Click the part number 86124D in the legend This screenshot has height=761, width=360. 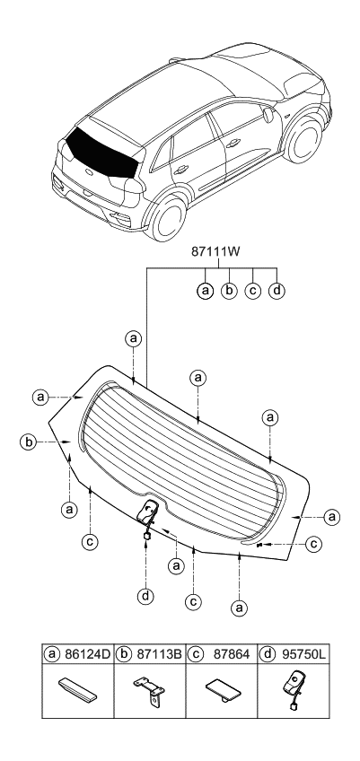[x=87, y=654]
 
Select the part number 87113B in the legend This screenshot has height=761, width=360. [x=159, y=654]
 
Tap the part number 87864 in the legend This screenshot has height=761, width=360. [x=232, y=654]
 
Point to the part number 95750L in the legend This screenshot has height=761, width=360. [x=303, y=654]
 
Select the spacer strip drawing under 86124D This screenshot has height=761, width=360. [x=77, y=689]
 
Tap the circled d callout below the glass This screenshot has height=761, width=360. [x=145, y=595]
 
